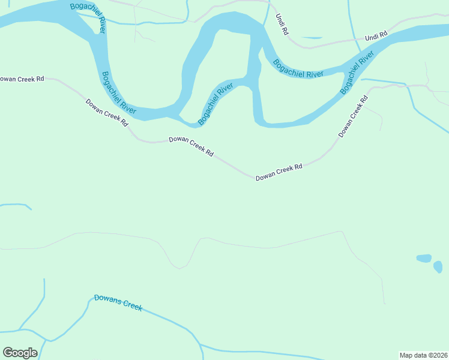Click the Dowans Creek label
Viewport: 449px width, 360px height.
pos(118,302)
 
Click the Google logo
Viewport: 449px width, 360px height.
pos(20,353)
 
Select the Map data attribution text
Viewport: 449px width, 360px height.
pos(423,355)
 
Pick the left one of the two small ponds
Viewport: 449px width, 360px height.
pos(424,259)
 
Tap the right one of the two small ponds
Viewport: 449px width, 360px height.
pos(438,266)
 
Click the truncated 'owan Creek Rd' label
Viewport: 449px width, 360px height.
pos(22,79)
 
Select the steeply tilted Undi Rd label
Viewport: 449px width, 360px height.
pos(282,23)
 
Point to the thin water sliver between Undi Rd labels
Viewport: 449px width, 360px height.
pos(312,38)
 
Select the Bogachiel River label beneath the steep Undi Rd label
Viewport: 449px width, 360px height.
pos(298,68)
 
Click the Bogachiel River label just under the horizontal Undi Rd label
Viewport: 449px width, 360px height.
pos(358,72)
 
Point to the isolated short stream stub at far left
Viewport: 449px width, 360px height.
pos(16,205)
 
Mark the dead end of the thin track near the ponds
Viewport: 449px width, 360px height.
pos(385,304)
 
